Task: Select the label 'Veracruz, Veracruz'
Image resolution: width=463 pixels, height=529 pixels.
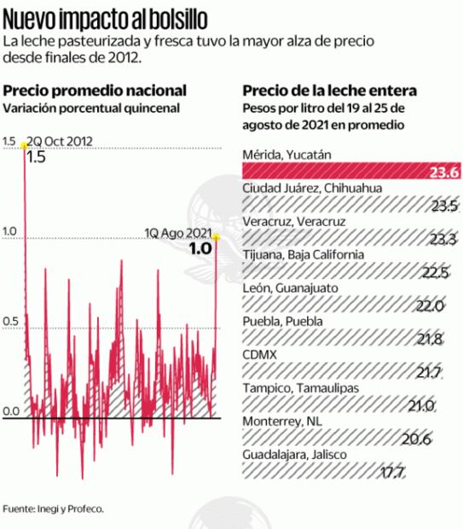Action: [x=293, y=221]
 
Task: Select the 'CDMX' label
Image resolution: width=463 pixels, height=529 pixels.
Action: [x=259, y=354]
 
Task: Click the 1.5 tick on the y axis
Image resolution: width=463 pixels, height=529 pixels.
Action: [x=9, y=141]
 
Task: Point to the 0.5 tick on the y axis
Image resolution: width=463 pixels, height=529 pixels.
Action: [x=9, y=321]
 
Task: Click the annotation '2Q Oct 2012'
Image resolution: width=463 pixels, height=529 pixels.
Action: [x=60, y=141]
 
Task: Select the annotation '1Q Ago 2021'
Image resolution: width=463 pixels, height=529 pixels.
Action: [x=177, y=231]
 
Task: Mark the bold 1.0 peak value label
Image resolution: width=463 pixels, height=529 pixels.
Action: [x=199, y=248]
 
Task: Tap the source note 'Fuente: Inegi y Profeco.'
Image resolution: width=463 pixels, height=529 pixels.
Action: [x=53, y=509]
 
